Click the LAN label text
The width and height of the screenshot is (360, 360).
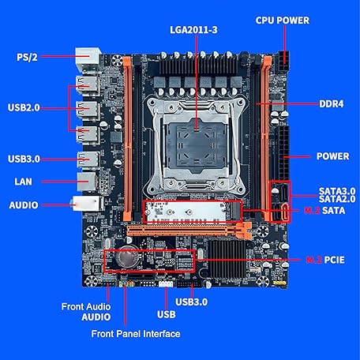[23, 182]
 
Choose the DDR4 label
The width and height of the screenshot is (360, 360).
[330, 105]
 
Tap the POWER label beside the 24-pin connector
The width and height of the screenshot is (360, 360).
[333, 156]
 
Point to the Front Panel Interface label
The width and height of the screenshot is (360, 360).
[135, 334]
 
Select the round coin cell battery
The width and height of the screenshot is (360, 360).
[126, 258]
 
